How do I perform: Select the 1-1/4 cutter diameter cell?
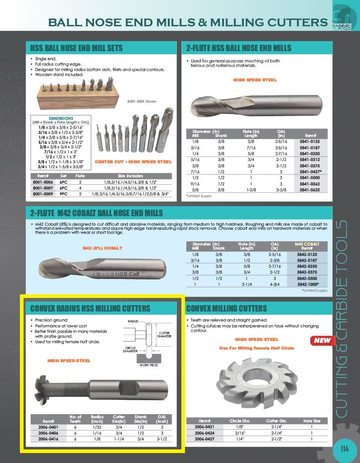point(119,439)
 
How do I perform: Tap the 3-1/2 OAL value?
point(162,439)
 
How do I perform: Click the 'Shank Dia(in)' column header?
point(141,419)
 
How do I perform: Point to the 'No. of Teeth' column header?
point(76,419)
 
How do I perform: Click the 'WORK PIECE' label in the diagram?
point(149,364)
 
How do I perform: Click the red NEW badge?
point(322,340)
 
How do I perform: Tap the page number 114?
point(345,449)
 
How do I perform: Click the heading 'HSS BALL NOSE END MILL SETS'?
point(76,48)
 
